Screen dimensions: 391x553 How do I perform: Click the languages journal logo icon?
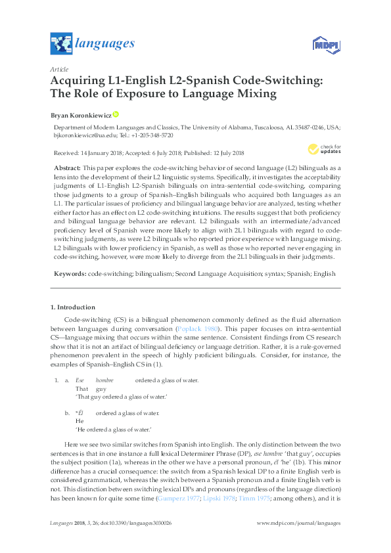coord(61,44)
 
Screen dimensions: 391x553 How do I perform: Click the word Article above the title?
coord(58,68)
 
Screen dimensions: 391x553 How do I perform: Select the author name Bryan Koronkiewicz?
coord(81,115)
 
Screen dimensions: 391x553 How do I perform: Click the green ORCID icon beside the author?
coord(116,114)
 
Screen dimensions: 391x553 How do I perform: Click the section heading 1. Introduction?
coord(72,307)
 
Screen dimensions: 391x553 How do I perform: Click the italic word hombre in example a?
coord(104,380)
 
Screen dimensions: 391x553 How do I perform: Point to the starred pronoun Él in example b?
coord(80,413)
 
